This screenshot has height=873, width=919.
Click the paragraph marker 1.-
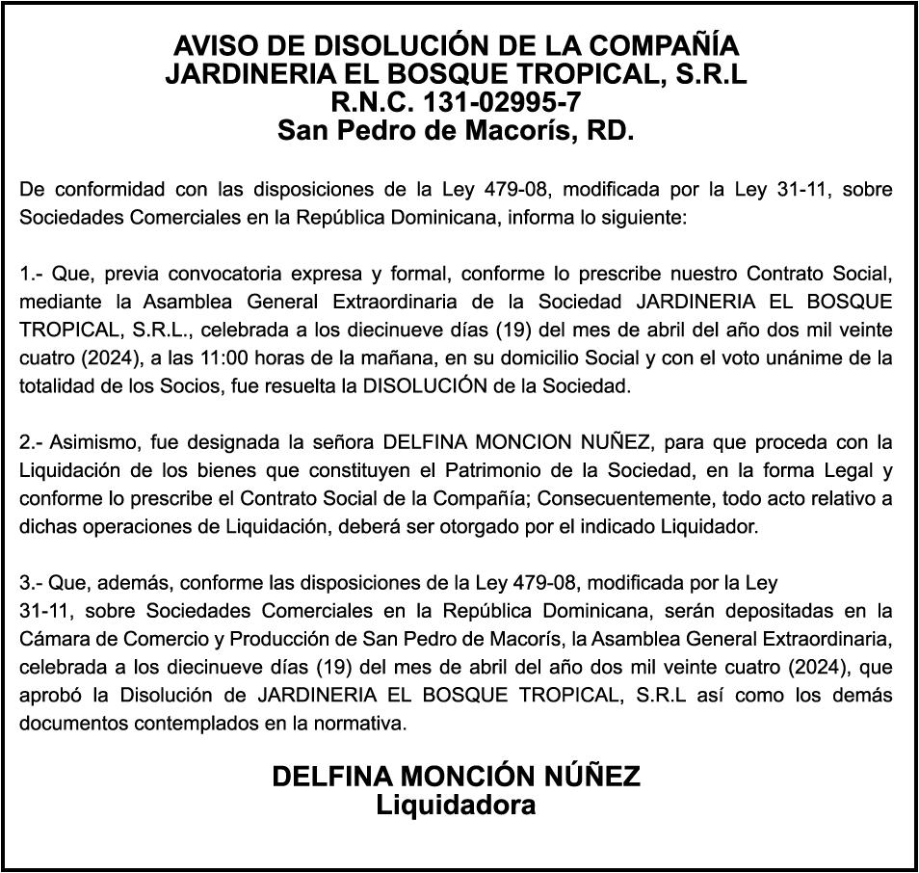(x=32, y=274)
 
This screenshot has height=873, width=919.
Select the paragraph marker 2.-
(x=32, y=443)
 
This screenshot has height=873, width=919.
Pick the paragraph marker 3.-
(x=32, y=583)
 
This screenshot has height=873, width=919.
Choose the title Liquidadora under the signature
(x=456, y=804)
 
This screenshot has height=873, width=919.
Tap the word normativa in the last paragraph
(x=367, y=723)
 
